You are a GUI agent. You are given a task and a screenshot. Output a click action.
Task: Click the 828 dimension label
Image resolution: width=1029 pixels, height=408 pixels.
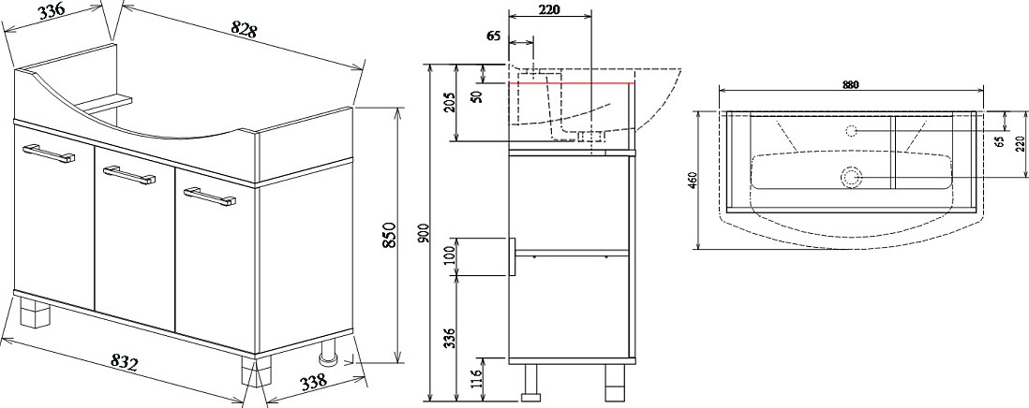click(243, 29)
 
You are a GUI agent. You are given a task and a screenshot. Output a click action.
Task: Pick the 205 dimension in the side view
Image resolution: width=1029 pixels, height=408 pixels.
click(449, 101)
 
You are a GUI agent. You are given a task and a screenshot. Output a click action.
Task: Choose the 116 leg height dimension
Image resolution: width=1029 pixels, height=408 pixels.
click(477, 378)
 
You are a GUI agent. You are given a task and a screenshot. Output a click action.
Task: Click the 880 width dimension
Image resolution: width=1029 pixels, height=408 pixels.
click(851, 84)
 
